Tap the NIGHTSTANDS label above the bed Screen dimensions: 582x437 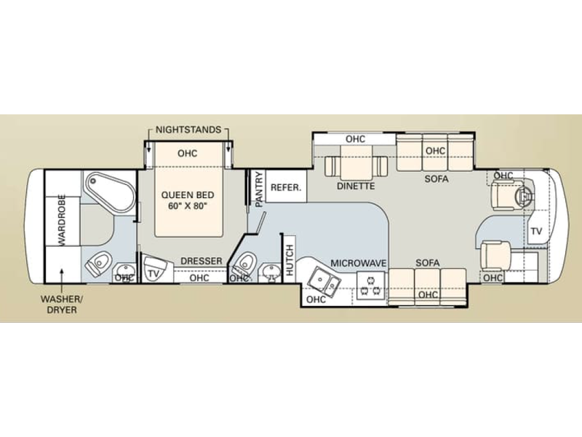pyautogui.click(x=188, y=130)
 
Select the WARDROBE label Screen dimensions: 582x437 pyautogui.click(x=62, y=220)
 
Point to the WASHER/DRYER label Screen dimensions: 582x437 pyautogui.click(x=62, y=304)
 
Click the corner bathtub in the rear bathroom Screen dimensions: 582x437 pyautogui.click(x=110, y=192)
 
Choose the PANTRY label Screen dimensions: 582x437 pyautogui.click(x=259, y=189)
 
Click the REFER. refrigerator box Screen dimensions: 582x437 pyautogui.click(x=286, y=186)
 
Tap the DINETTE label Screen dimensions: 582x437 pyautogui.click(x=356, y=186)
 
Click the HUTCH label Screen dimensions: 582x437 pyautogui.click(x=290, y=261)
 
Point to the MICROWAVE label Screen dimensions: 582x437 pyautogui.click(x=359, y=263)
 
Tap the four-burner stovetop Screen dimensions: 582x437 pyautogui.click(x=370, y=286)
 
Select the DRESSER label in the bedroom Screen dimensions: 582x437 pyautogui.click(x=202, y=261)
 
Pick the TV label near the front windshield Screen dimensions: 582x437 pyautogui.click(x=536, y=231)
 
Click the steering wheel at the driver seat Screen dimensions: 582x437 pyautogui.click(x=525, y=194)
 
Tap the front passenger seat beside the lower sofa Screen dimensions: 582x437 pyautogui.click(x=495, y=255)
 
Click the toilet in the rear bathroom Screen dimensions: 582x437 pyautogui.click(x=98, y=262)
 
